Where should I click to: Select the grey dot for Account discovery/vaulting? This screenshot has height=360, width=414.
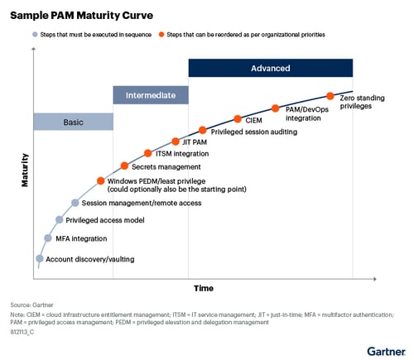pyautogui.click(x=39, y=258)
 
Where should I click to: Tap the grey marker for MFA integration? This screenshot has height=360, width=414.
pyautogui.click(x=47, y=238)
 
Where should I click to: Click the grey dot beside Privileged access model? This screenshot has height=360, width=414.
pyautogui.click(x=59, y=219)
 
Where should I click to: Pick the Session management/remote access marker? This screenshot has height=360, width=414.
pyautogui.click(x=75, y=202)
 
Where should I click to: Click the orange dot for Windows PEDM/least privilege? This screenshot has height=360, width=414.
pyautogui.click(x=100, y=180)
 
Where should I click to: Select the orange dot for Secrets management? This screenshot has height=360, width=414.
pyautogui.click(x=124, y=166)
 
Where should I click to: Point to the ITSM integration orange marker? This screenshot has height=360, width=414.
pyautogui.click(x=148, y=153)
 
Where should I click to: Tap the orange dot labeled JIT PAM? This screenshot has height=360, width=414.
pyautogui.click(x=175, y=141)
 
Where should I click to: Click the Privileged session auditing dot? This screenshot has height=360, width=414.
pyautogui.click(x=203, y=131)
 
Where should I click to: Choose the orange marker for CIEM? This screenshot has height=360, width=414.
pyautogui.click(x=238, y=119)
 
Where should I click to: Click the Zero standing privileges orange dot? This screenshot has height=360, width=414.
pyautogui.click(x=330, y=96)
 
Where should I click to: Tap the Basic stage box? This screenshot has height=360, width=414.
pyautogui.click(x=73, y=122)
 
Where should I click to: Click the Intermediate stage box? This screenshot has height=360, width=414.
pyautogui.click(x=151, y=95)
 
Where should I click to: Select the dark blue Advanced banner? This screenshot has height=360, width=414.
pyautogui.click(x=270, y=68)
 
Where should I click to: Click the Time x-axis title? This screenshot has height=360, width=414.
pyautogui.click(x=204, y=288)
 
